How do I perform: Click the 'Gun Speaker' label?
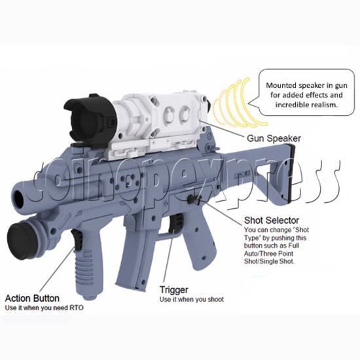(274, 139)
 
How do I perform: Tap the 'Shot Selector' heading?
(272, 221)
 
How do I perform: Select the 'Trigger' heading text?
(174, 290)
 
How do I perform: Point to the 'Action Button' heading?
(32, 298)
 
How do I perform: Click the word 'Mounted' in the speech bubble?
(281, 85)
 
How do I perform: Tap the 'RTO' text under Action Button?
(77, 308)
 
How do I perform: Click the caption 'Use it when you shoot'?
(192, 299)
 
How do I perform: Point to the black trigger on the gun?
(176, 223)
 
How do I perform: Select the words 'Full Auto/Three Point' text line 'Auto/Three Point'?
(268, 254)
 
